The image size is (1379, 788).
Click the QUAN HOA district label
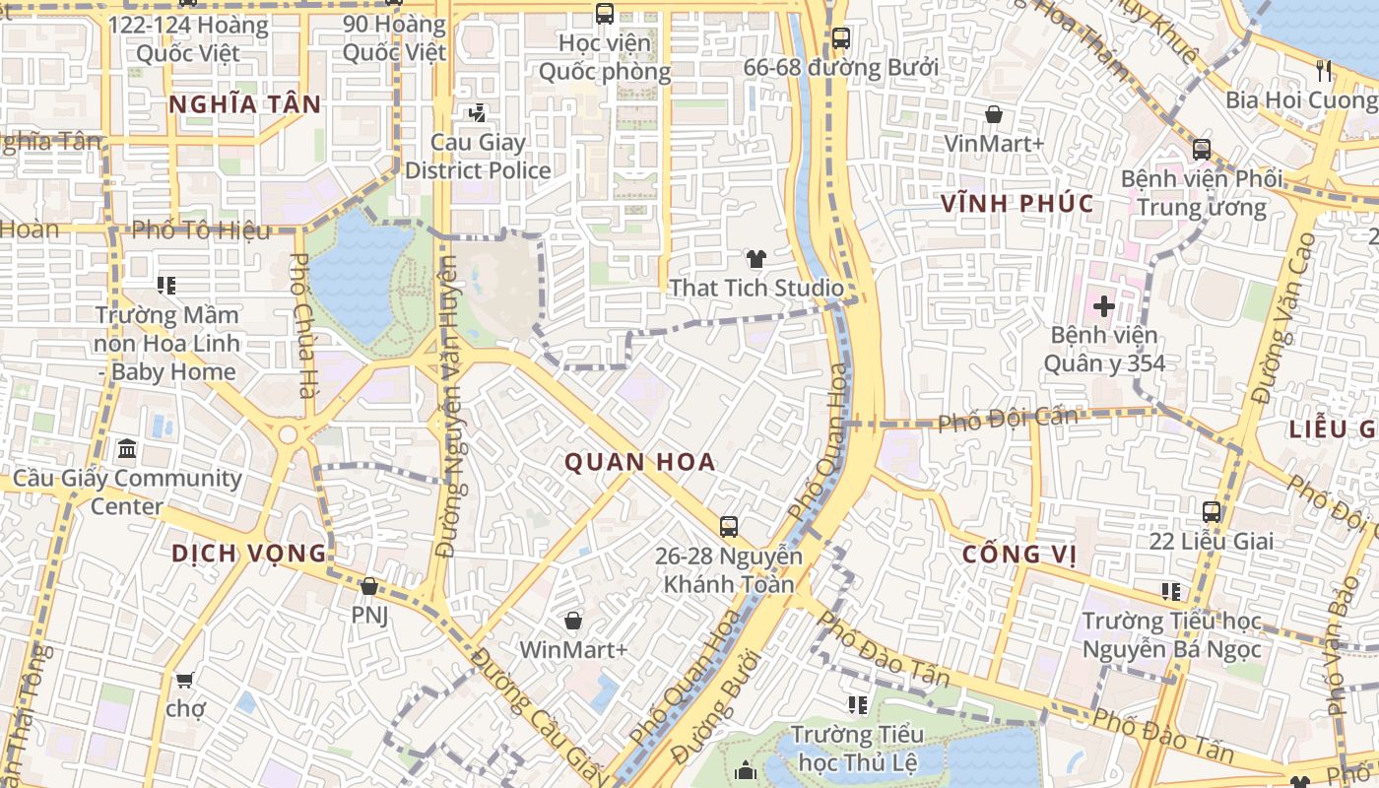point(639,462)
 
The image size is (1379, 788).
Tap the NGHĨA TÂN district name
point(244,104)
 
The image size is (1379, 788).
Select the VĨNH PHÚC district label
point(1018,204)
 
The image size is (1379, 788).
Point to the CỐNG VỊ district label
point(1018,555)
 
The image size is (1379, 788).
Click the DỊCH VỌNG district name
point(248,553)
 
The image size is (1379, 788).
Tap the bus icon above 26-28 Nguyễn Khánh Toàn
point(729,527)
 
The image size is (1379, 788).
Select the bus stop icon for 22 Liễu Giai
point(1212,512)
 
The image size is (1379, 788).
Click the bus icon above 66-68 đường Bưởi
point(840,38)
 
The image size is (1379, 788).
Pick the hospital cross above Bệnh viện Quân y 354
point(1103,306)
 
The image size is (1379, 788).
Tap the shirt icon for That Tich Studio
point(755,259)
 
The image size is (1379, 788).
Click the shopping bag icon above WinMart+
point(572,621)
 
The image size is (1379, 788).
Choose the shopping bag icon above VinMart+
point(994,114)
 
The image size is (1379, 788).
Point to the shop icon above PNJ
point(369,586)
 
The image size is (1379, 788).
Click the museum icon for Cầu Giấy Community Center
point(127,450)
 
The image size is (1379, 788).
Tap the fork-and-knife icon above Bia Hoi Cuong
point(1324,70)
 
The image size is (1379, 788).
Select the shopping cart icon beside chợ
point(184,680)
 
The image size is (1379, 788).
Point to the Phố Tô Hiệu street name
point(201,230)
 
